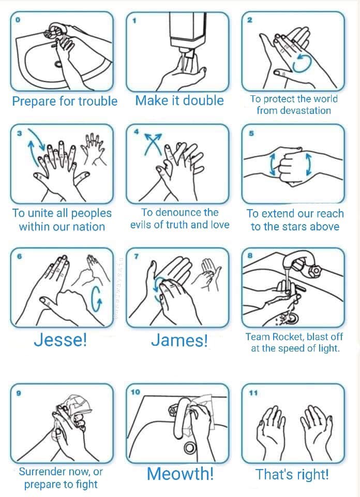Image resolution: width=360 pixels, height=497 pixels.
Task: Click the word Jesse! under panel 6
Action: [60, 340]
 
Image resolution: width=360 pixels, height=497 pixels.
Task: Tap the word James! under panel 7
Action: [179, 341]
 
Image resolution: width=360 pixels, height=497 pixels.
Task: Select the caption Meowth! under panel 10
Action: [180, 474]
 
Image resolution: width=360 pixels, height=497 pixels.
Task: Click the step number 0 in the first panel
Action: [18, 20]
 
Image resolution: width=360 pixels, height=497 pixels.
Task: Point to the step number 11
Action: [253, 393]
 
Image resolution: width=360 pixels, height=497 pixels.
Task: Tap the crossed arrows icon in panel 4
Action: [153, 144]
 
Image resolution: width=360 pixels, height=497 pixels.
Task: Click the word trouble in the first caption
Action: [98, 101]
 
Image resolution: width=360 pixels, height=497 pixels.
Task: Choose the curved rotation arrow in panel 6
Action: [97, 300]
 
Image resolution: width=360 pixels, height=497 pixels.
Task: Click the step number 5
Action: [251, 134]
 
